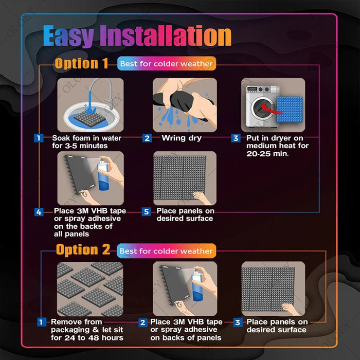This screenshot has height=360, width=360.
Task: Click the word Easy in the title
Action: [68, 37]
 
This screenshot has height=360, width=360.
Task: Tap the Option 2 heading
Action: [83, 250]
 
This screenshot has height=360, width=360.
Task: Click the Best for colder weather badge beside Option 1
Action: [166, 64]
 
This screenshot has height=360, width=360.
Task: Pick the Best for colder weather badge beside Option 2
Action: [166, 251]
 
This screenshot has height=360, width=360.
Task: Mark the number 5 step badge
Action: [147, 211]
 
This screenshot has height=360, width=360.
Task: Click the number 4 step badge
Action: [39, 211]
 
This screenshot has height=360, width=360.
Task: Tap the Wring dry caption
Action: [182, 138]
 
